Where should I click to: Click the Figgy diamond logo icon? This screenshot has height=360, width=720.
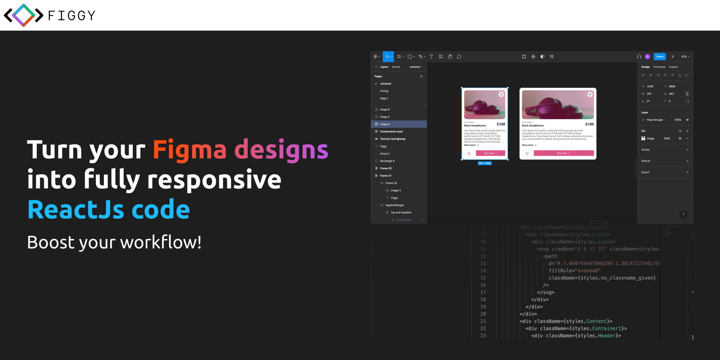click(24, 15)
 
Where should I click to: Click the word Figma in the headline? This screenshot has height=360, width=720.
click(189, 150)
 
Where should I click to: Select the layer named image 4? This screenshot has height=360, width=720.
click(385, 124)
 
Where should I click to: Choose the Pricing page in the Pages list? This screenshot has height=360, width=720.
click(384, 91)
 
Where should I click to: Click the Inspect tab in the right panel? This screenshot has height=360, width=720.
click(673, 67)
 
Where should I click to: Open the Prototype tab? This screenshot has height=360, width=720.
click(659, 67)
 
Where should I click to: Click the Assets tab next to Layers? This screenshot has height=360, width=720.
click(396, 67)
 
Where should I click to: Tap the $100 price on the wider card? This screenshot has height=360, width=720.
click(589, 124)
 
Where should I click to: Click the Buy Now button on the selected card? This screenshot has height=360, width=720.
click(490, 153)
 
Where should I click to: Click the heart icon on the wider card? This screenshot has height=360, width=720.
click(590, 94)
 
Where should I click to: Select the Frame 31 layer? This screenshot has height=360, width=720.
click(385, 175)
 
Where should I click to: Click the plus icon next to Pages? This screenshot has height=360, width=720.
click(421, 76)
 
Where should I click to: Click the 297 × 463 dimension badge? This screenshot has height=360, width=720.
click(484, 163)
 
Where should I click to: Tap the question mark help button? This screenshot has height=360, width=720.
click(683, 214)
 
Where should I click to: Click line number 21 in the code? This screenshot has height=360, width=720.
click(483, 321)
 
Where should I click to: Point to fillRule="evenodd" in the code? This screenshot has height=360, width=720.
click(574, 271)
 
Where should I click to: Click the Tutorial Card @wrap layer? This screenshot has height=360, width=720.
click(392, 139)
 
